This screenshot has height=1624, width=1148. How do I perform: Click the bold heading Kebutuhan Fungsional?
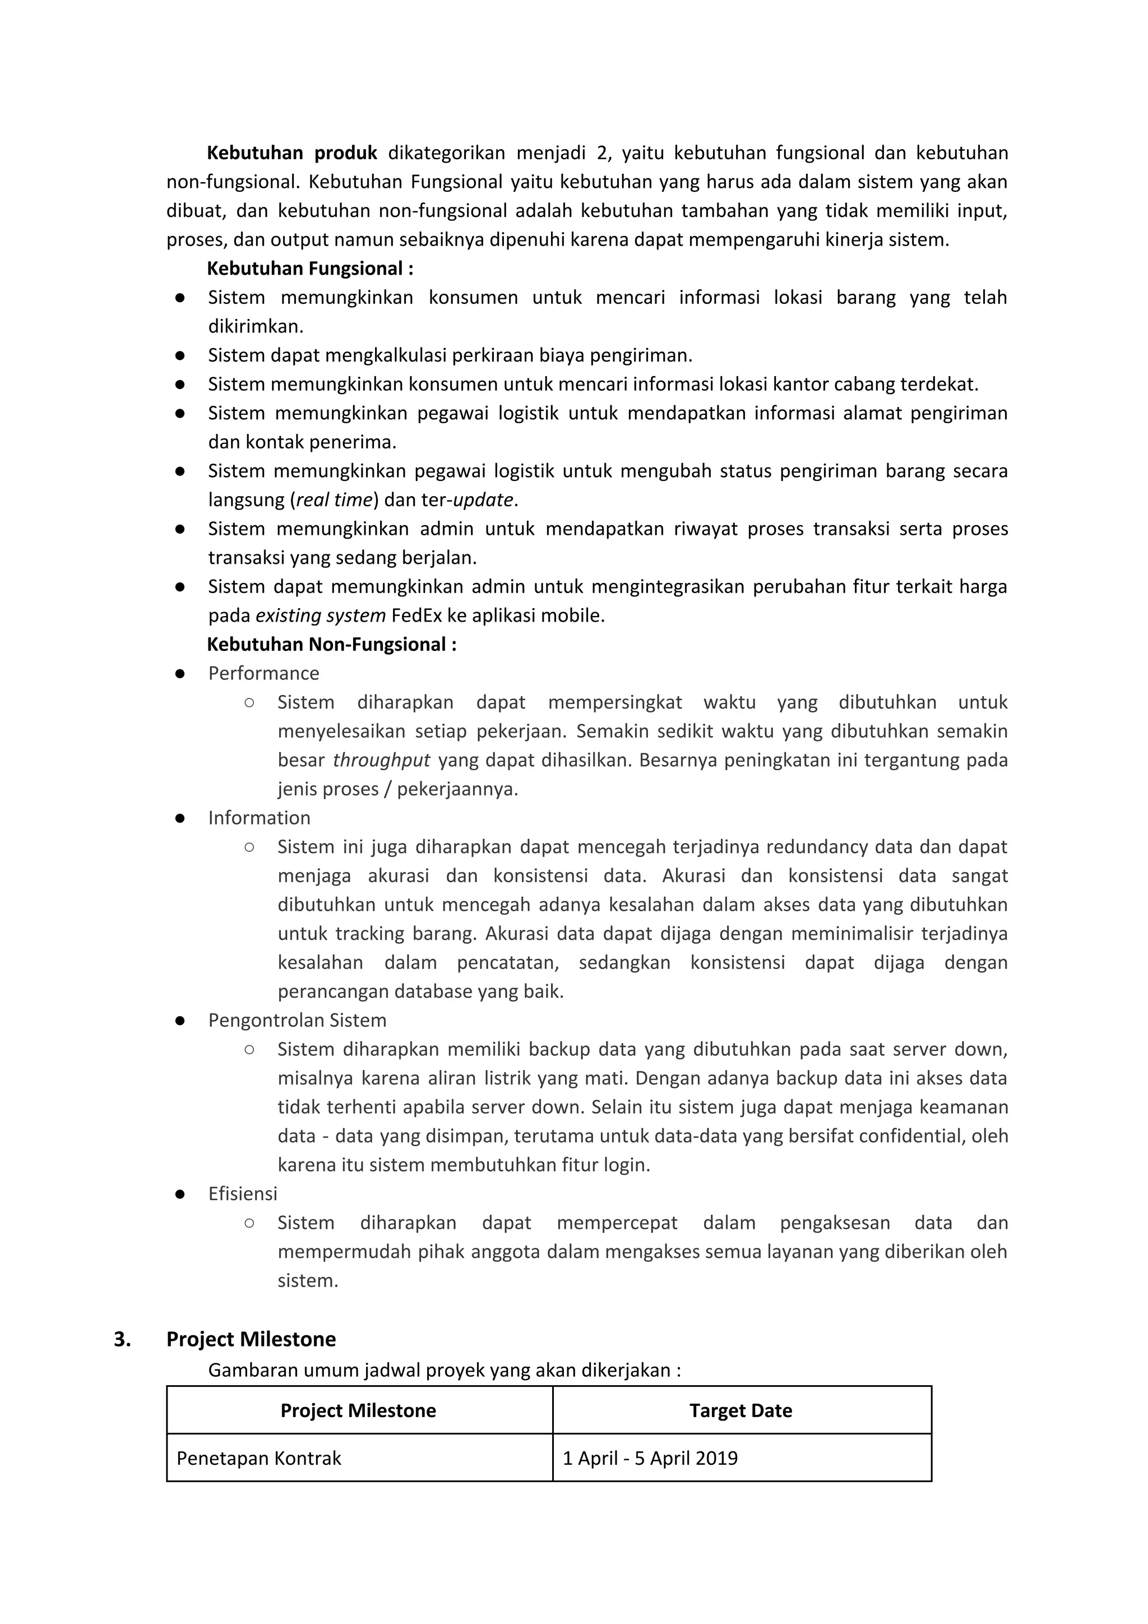[x=310, y=269]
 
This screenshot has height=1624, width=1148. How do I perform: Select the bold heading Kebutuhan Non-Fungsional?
[x=331, y=644]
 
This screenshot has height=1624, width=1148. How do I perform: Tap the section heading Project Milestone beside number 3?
[x=251, y=1339]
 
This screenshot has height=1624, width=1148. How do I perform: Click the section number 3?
[x=122, y=1339]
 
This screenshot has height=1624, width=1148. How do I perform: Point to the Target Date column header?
[x=740, y=1410]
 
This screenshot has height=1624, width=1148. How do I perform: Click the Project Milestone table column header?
[x=358, y=1410]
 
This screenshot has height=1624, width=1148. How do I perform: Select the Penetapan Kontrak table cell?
[x=259, y=1458]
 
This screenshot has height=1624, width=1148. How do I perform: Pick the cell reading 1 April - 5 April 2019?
[x=650, y=1458]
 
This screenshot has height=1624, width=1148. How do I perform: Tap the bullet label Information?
[x=259, y=818]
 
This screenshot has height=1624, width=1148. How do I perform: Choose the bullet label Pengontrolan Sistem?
[x=297, y=1020]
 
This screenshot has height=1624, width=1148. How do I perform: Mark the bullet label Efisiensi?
[x=243, y=1193]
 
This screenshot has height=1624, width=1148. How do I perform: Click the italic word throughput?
[x=381, y=760]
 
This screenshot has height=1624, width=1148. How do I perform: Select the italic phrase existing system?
[x=321, y=616]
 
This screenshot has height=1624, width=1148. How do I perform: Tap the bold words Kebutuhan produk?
[x=292, y=153]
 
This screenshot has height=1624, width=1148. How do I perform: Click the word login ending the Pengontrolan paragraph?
[x=627, y=1165]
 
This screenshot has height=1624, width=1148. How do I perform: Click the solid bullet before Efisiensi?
[x=180, y=1194]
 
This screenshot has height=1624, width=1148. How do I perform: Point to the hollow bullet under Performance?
[x=249, y=702]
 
